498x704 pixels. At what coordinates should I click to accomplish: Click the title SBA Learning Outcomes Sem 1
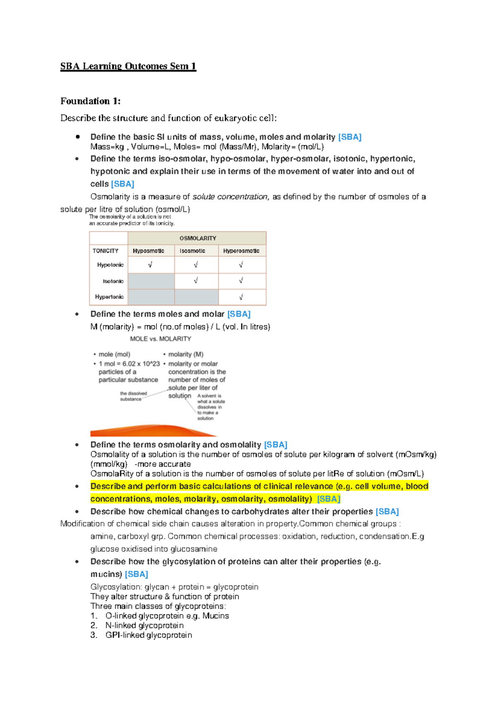pyautogui.click(x=128, y=66)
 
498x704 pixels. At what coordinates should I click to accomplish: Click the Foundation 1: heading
pyautogui.click(x=90, y=101)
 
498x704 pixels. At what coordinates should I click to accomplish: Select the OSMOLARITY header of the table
pyautogui.click(x=198, y=238)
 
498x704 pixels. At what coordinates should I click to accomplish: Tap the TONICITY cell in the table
pyautogui.click(x=105, y=251)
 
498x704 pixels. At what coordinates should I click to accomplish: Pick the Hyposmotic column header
pyautogui.click(x=149, y=251)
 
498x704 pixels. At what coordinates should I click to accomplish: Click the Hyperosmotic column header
pyautogui.click(x=241, y=251)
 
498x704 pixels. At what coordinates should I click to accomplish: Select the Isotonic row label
pyautogui.click(x=113, y=281)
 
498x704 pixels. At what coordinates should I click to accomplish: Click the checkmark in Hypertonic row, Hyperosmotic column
pyautogui.click(x=241, y=297)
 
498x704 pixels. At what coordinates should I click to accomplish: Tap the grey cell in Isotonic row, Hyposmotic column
pyautogui.click(x=151, y=281)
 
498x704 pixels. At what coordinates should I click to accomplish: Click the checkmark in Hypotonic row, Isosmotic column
pyautogui.click(x=196, y=265)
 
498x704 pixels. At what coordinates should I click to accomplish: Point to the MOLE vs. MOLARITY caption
pyautogui.click(x=161, y=339)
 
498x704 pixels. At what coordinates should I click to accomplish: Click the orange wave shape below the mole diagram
pyautogui.click(x=154, y=431)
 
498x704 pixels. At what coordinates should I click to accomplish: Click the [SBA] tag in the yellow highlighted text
pyautogui.click(x=329, y=499)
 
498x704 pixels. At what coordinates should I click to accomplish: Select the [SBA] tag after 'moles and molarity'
pyautogui.click(x=350, y=137)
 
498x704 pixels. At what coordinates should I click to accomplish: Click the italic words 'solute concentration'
pyautogui.click(x=231, y=197)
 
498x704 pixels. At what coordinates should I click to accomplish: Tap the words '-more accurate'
pyautogui.click(x=163, y=464)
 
